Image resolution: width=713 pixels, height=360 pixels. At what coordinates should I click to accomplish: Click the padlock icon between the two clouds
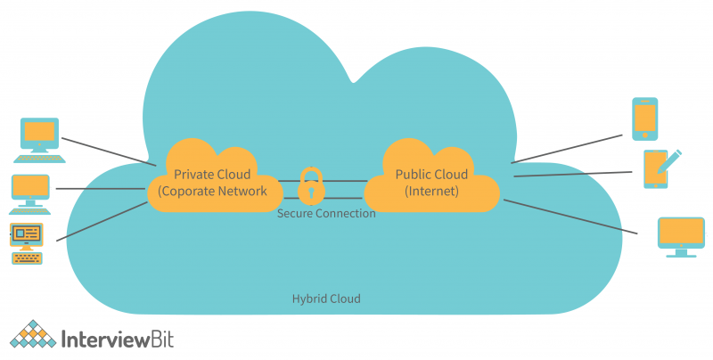click(x=311, y=184)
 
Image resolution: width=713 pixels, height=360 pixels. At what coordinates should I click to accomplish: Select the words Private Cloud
click(x=212, y=174)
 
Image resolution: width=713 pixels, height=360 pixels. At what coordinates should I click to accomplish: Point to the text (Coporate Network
click(x=212, y=191)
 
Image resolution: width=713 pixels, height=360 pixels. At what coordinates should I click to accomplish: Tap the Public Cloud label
click(x=431, y=174)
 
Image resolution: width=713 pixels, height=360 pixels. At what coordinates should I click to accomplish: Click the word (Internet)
click(x=431, y=191)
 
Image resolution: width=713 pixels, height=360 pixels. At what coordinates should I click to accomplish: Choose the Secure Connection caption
click(x=326, y=214)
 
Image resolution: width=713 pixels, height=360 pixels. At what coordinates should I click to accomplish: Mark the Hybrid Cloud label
click(x=326, y=299)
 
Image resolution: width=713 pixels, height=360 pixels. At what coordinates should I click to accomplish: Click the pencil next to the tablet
click(x=671, y=161)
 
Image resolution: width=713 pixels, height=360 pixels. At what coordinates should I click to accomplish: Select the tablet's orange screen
click(x=654, y=167)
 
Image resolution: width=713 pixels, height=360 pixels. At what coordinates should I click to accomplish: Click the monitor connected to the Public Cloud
click(x=681, y=234)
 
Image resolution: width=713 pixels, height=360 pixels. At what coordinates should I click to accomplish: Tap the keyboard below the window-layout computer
click(x=27, y=258)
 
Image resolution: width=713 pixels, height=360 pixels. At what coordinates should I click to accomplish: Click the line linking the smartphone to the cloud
click(x=566, y=149)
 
